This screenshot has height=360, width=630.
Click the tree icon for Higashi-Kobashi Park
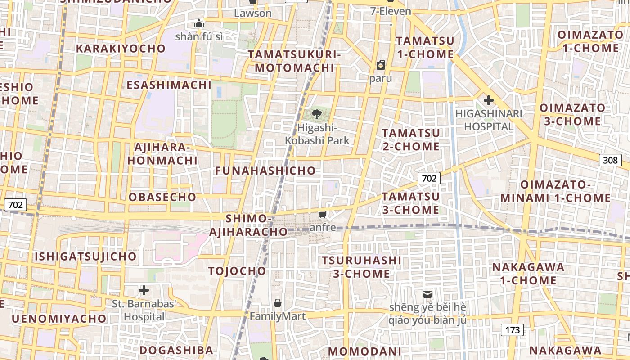pos(317,114)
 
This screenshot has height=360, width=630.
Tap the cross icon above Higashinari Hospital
pos(488,100)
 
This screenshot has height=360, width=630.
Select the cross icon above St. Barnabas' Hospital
pos(144,290)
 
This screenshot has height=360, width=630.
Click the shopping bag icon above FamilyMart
pos(278,303)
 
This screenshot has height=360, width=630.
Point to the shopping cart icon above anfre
pos(322,214)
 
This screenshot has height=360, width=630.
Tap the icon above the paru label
pos(381,65)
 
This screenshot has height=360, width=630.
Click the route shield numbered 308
pos(610,160)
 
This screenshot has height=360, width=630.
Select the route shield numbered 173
pos(513,330)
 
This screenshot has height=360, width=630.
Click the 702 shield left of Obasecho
pos(15,205)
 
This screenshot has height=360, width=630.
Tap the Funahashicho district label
pos(265,171)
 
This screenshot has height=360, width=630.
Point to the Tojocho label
pos(237,271)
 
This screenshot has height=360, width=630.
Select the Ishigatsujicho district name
pos(85,256)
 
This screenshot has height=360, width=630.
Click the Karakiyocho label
pos(121,49)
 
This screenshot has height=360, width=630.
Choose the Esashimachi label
pos(169,85)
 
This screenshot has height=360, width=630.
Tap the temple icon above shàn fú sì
pos(199,23)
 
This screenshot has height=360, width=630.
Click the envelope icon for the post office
pos(427,294)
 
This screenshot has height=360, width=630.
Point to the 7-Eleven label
pos(391,11)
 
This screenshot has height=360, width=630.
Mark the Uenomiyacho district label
pos(59,319)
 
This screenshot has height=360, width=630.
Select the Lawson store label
pos(253,13)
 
